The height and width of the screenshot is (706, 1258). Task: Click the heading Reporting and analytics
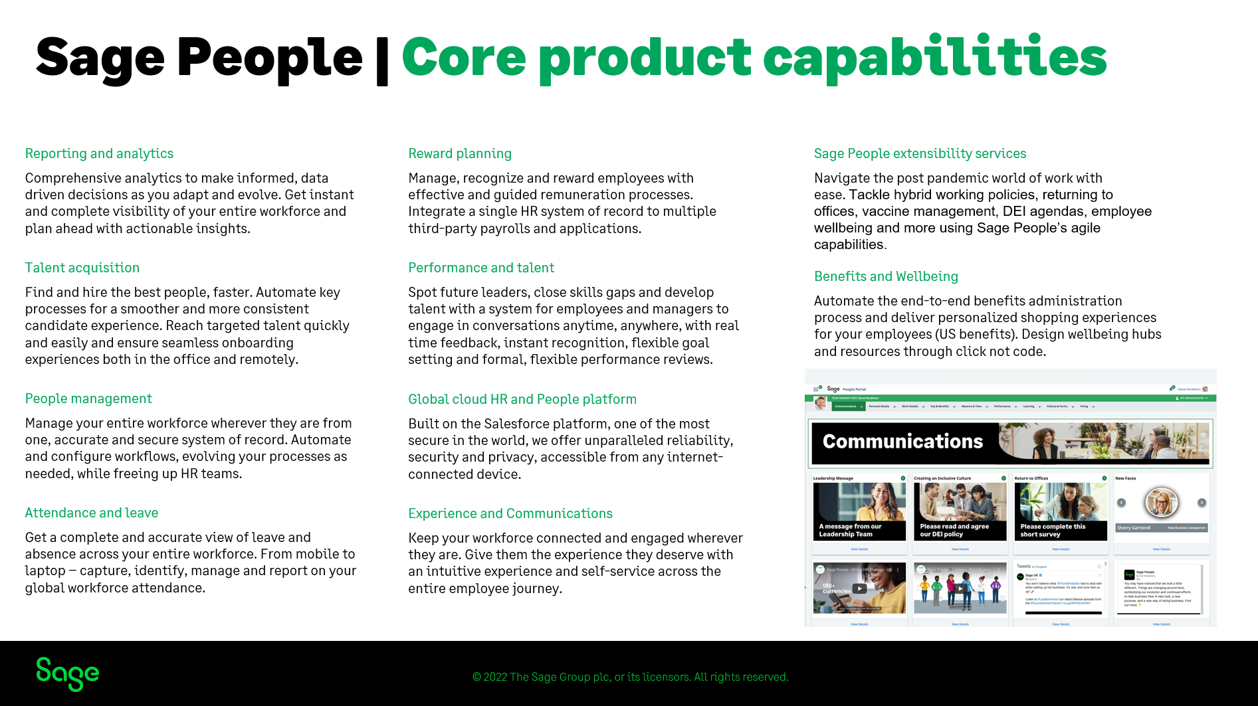tap(99, 153)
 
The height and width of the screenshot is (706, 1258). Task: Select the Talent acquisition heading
tap(82, 268)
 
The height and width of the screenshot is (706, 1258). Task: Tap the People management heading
tap(88, 398)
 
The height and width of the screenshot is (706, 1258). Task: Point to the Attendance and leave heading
tap(92, 513)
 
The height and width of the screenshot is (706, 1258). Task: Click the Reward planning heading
tap(460, 153)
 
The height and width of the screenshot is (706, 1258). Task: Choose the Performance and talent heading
tap(481, 268)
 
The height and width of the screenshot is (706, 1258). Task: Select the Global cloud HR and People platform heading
tap(522, 399)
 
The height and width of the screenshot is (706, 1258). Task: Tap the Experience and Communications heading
tap(510, 513)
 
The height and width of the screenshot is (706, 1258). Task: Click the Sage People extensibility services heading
tap(920, 153)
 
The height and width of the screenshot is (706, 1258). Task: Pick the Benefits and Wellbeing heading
tap(886, 276)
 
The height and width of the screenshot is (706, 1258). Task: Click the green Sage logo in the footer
tap(68, 674)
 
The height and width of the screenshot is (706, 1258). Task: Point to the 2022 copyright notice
tap(630, 677)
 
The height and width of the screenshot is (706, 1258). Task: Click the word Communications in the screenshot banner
tap(902, 442)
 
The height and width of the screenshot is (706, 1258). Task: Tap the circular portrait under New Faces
tap(1161, 503)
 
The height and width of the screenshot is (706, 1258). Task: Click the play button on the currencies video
tap(860, 588)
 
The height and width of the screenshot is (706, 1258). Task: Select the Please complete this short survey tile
tap(1061, 511)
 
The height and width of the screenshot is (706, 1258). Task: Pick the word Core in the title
tap(464, 58)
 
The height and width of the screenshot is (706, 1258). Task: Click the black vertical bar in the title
tap(382, 62)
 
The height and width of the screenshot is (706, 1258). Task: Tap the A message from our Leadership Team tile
tap(859, 511)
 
